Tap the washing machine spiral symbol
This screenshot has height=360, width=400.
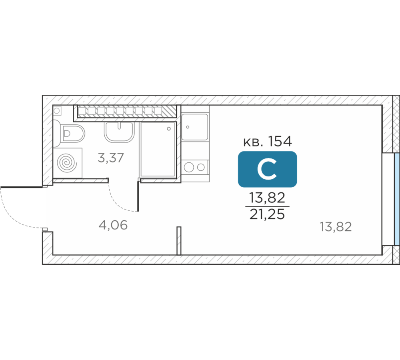tap(66, 163)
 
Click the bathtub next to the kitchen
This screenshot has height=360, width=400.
tap(158, 150)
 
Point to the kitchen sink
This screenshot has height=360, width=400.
tap(195, 127)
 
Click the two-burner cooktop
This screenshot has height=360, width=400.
tap(195, 167)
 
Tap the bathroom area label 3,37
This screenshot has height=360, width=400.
tap(111, 158)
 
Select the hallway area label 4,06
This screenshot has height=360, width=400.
tap(113, 225)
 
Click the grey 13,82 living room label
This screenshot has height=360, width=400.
tap(336, 226)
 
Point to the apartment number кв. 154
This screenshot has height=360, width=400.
tap(267, 141)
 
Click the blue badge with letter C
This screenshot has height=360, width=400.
tap(267, 169)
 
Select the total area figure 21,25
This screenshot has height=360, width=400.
tap(267, 214)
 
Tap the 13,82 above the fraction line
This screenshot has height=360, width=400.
tap(267, 198)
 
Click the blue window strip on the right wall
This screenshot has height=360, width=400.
tap(397, 199)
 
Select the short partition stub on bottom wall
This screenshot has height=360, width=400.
tap(179, 240)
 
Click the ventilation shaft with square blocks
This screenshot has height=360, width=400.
tap(127, 111)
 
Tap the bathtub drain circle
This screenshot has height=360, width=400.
tap(169, 129)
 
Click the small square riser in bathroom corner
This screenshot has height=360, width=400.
tap(57, 111)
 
